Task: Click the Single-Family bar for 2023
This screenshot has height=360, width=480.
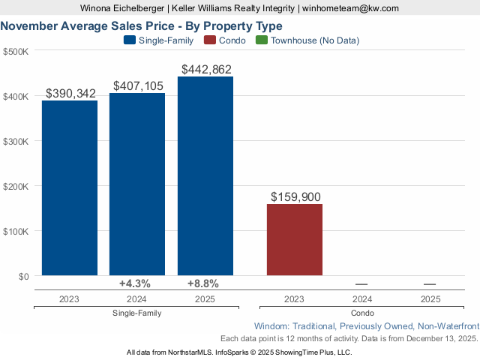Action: tap(69, 187)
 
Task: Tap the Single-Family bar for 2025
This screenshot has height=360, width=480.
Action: tap(205, 176)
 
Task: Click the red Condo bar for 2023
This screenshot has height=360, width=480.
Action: tap(295, 239)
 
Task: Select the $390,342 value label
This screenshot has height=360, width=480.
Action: tap(71, 94)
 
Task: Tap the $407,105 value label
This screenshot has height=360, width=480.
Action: tap(138, 86)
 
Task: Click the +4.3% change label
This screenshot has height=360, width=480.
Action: tap(135, 283)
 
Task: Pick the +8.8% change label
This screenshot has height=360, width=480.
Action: tap(203, 283)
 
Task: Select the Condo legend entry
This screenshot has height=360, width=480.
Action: tap(225, 40)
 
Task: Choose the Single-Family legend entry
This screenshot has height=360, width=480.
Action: tap(160, 40)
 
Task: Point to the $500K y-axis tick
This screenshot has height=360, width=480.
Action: tap(16, 52)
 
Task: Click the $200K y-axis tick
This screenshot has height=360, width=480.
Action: tap(16, 187)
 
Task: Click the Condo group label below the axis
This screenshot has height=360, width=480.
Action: tap(362, 313)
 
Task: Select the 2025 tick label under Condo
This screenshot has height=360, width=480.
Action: tap(430, 298)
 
